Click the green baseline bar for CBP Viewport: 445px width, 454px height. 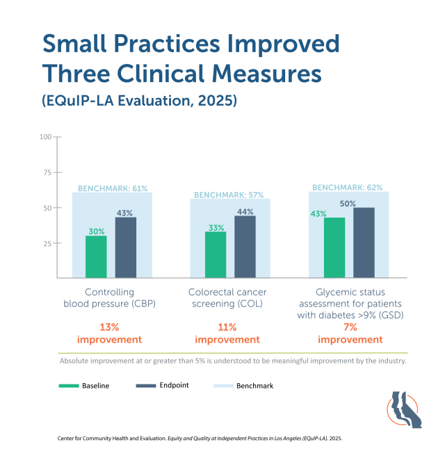[x=96, y=257]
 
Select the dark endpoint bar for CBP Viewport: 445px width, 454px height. [x=126, y=248]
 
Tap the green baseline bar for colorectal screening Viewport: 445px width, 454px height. [x=216, y=255]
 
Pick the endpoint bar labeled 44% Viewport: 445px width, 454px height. [x=245, y=248]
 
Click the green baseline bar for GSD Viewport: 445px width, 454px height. [x=334, y=248]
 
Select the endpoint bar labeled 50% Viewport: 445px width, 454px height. [x=364, y=243]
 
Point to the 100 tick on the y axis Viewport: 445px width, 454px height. [x=46, y=137]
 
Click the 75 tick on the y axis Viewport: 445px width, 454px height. [x=47, y=172]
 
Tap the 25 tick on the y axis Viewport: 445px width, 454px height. [x=47, y=243]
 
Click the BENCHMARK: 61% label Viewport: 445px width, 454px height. [x=112, y=188]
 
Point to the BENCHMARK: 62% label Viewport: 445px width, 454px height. [x=348, y=188]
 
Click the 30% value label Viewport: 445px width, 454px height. [x=96, y=232]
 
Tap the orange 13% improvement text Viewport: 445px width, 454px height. [x=109, y=333]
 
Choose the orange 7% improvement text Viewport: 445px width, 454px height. [x=350, y=333]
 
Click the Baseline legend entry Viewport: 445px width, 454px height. [x=84, y=385]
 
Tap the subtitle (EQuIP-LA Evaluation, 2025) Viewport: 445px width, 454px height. [x=140, y=100]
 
